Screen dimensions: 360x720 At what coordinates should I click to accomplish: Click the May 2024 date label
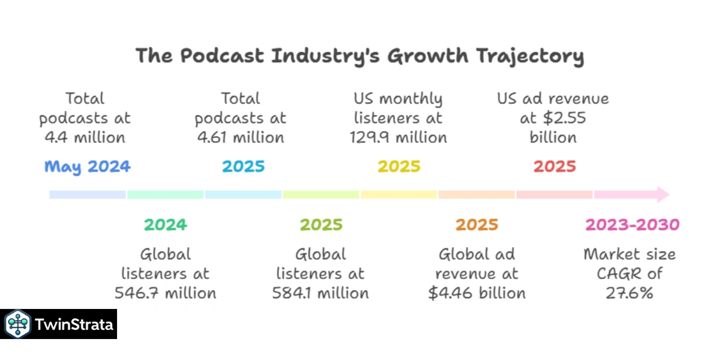[x=87, y=166]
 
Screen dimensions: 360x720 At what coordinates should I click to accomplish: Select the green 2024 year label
[x=165, y=225]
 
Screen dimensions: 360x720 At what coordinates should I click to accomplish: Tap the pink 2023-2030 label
[x=632, y=225]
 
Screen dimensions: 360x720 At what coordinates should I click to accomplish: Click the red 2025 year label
[x=554, y=166]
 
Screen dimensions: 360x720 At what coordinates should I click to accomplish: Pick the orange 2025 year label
[x=476, y=225]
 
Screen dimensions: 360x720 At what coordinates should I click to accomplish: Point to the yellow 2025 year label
[x=398, y=166]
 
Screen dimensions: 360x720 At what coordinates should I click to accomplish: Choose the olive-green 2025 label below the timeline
[x=321, y=225]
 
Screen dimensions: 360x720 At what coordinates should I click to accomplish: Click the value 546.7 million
[x=165, y=293]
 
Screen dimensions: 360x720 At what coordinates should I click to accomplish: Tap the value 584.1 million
[x=320, y=293]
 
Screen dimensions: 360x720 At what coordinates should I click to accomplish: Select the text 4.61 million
[x=240, y=137]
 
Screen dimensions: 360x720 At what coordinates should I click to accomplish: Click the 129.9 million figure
[x=398, y=137]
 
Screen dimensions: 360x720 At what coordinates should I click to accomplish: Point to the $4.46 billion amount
[x=476, y=293]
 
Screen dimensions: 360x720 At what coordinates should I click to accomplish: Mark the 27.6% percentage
[x=629, y=293]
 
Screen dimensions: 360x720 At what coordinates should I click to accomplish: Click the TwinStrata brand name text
[x=74, y=325]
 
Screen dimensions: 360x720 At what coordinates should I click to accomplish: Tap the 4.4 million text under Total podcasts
[x=85, y=137]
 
